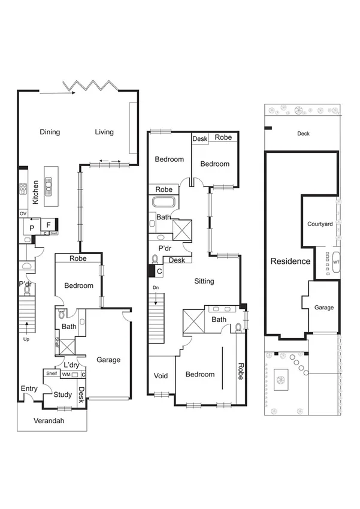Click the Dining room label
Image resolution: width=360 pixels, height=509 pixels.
[50, 132]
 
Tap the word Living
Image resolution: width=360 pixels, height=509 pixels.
[104, 132]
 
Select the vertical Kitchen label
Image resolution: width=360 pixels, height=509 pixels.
[36, 192]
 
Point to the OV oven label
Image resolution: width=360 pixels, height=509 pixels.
[23, 213]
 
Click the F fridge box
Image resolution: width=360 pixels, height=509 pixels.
[48, 225]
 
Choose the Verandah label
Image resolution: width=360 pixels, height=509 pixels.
[49, 420]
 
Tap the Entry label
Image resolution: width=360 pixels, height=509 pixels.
[29, 388]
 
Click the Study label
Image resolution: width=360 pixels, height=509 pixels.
[62, 394]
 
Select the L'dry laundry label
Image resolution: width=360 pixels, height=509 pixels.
[72, 365]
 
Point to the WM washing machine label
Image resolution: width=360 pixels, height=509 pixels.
[66, 375]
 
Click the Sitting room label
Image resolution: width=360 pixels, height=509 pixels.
[204, 281]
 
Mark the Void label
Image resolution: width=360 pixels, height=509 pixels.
[161, 376]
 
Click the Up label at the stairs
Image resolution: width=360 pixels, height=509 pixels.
[27, 339]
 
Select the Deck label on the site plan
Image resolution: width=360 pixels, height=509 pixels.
[304, 134]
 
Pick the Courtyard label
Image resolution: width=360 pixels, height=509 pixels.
[320, 224]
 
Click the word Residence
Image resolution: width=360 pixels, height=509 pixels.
[291, 261]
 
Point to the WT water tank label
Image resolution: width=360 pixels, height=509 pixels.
[336, 262]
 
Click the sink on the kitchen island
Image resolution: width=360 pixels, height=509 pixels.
[48, 185]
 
